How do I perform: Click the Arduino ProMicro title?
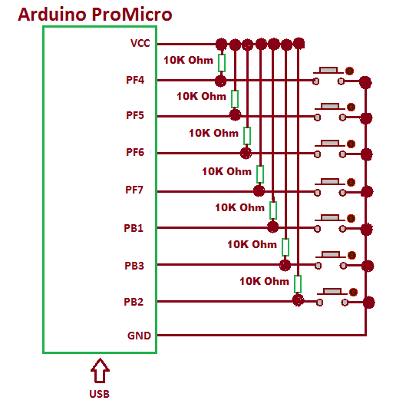click(95, 15)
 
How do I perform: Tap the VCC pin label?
click(140, 43)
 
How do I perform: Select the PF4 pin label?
click(135, 80)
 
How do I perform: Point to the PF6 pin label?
click(135, 152)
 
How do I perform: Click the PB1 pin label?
click(134, 228)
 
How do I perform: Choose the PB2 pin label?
click(134, 302)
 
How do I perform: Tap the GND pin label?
click(139, 336)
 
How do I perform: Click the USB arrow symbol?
click(100, 371)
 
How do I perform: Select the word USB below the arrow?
click(99, 394)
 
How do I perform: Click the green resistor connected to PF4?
click(222, 63)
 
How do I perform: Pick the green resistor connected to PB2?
click(298, 284)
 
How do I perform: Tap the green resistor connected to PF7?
click(260, 174)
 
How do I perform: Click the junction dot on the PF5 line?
click(235, 114)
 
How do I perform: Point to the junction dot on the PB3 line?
click(285, 265)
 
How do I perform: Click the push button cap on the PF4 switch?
click(328, 70)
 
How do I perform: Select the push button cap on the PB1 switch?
click(330, 217)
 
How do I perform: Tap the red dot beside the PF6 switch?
click(351, 144)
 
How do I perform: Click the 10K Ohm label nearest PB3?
click(252, 244)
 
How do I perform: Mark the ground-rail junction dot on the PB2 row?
click(368, 303)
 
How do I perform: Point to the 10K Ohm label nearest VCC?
click(188, 60)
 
